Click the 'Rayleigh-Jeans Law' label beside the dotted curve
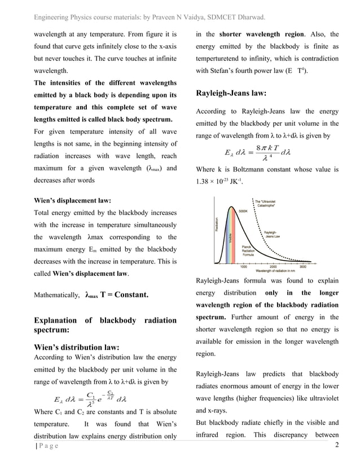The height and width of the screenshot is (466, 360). click(273, 234)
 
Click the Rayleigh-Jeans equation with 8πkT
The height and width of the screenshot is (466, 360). click(257, 151)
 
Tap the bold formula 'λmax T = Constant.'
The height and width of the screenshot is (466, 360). click(116, 294)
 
